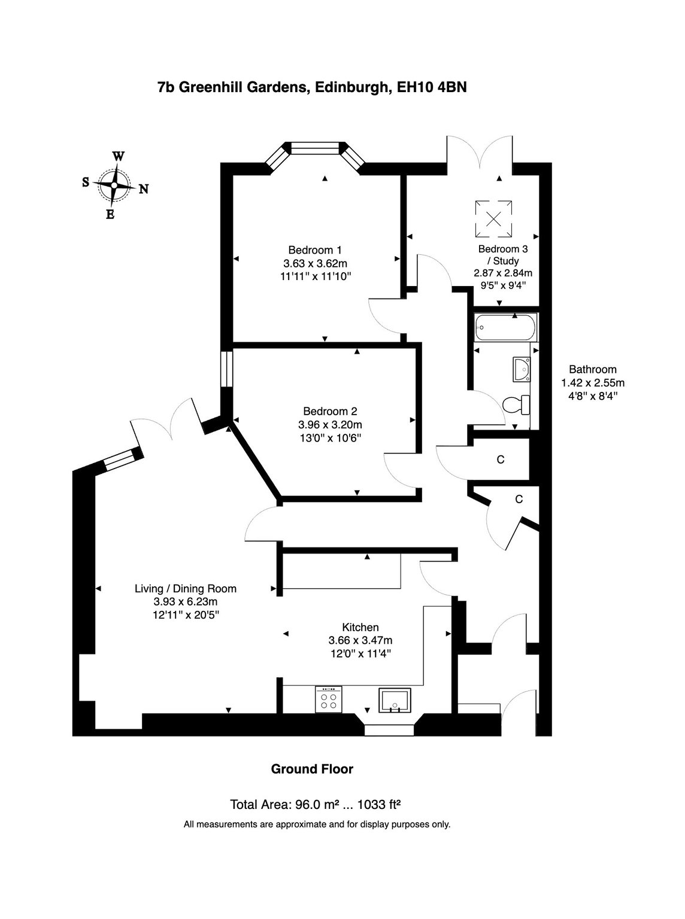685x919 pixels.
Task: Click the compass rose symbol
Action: [x=114, y=185]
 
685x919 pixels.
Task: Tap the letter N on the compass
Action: [x=144, y=189]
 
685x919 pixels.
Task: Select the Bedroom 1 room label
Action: [x=315, y=250]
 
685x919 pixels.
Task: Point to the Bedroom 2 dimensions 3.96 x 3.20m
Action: [x=330, y=425]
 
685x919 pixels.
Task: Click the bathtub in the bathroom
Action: [x=506, y=327]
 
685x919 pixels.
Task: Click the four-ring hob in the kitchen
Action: [x=328, y=699]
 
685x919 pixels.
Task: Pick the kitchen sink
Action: [x=395, y=700]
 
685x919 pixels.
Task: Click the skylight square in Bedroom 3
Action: [x=493, y=219]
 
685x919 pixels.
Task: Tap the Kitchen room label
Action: [x=360, y=627]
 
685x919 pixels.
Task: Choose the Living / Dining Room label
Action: [x=186, y=589]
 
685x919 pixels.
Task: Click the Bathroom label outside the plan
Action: [x=593, y=369]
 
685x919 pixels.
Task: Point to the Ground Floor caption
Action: [x=312, y=769]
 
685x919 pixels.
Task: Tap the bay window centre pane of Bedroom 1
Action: [x=316, y=149]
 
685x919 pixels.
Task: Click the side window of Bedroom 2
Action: [x=226, y=369]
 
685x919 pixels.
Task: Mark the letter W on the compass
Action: [x=119, y=156]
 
